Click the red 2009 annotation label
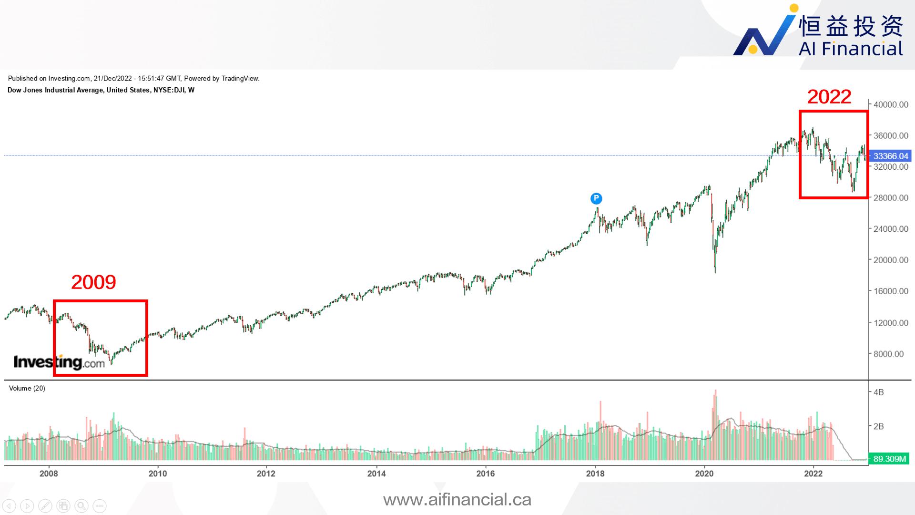[93, 282]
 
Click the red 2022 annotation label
[829, 97]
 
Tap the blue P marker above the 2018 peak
[596, 198]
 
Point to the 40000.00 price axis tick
[890, 104]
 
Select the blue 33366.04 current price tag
[890, 156]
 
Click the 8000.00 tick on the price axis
[888, 354]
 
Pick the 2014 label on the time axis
[376, 474]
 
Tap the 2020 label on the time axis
[704, 474]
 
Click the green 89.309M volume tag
[889, 459]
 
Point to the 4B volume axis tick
[878, 392]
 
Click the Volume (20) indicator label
[27, 388]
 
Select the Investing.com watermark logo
[59, 362]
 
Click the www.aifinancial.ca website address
[457, 499]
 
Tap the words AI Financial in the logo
[851, 49]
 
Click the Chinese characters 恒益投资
[851, 26]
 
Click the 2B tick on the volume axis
[878, 426]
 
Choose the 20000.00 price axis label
[890, 260]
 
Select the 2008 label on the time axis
[49, 474]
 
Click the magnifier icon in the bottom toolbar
[81, 505]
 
